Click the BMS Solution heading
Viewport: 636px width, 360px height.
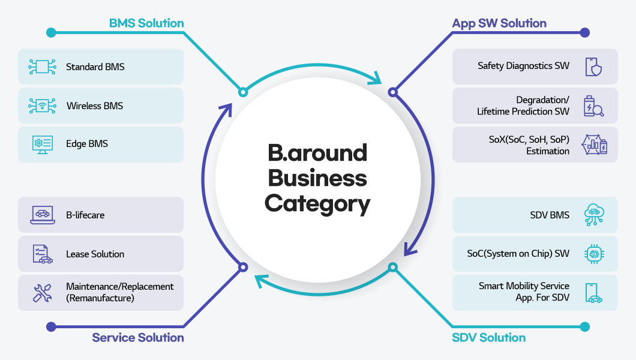tap(146, 23)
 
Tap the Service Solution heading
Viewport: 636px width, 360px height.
tap(138, 338)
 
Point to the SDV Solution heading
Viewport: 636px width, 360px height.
tap(488, 338)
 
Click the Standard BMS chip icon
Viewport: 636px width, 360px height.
tap(42, 67)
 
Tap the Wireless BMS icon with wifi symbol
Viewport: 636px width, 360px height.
tap(42, 106)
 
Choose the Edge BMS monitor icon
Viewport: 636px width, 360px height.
tap(42, 144)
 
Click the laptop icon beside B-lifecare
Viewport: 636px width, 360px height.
tap(42, 215)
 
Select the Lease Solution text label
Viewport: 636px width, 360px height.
tap(95, 254)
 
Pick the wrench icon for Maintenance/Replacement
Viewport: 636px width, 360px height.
tap(42, 293)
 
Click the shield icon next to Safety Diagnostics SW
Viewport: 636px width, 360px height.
tap(593, 66)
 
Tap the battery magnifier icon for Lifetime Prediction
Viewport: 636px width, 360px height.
tap(593, 106)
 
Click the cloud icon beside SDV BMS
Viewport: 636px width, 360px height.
tap(593, 215)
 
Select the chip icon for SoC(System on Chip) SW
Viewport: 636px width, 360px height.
tap(593, 254)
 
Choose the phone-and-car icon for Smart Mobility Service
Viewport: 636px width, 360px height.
tap(593, 293)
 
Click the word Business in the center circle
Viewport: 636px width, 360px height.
tap(317, 178)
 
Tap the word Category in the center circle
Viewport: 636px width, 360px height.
tap(317, 204)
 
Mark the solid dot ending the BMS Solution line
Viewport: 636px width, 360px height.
tap(51, 32)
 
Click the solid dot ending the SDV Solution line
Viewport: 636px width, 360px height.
tap(585, 327)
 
